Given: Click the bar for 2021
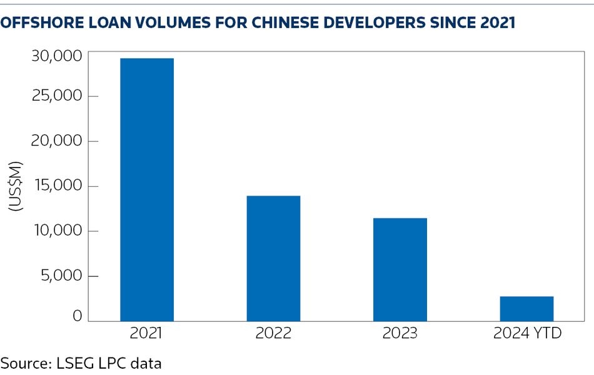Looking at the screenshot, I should coord(147,189).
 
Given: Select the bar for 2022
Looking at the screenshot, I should coord(273,258).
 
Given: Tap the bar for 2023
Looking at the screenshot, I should coord(400,269).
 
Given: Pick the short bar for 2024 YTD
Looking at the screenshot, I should coord(526,309).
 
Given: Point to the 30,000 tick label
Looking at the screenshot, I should coord(56,56).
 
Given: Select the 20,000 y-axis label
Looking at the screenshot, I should coord(56,141).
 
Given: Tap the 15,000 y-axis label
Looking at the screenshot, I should coord(56,186).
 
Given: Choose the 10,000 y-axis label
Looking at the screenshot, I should coord(56,231).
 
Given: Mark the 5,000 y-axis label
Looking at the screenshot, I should coord(60,276).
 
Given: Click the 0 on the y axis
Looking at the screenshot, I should coord(77,316).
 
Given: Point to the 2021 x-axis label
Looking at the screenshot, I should coord(146,333).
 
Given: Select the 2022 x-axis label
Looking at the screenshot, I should coord(273,333).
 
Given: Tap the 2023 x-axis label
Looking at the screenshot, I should coord(400,333).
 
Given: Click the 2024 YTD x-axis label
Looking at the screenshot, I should coord(527,333).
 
